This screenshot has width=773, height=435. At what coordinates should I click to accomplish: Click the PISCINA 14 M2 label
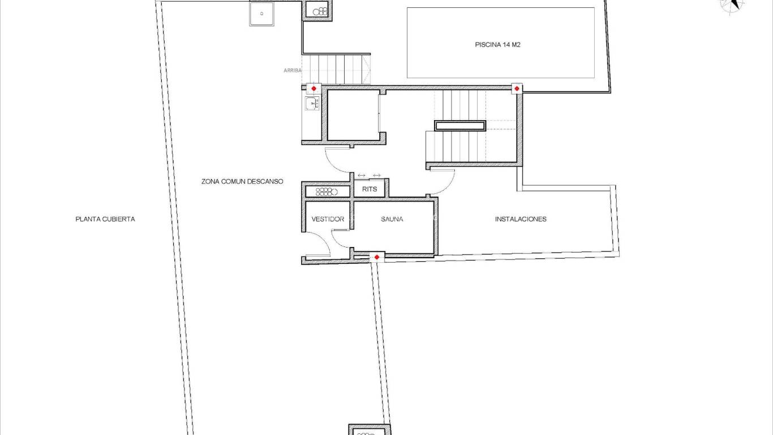point(497,44)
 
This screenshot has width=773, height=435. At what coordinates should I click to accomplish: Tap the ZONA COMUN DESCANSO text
point(242,182)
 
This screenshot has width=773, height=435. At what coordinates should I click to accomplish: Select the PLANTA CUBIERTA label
point(105,219)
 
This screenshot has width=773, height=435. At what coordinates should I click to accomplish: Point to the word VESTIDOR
point(328,219)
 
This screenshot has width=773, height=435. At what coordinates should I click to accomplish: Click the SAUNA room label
point(392,219)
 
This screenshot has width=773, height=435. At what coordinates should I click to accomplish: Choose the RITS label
point(369,189)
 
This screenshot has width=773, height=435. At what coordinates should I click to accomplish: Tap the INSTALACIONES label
point(521,219)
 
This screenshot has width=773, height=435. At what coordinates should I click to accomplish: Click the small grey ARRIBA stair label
point(293,71)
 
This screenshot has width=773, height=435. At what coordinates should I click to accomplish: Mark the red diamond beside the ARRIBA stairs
point(314,89)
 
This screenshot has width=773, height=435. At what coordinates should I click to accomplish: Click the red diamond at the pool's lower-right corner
point(517,89)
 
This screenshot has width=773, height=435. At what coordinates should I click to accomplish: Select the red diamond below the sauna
point(377,258)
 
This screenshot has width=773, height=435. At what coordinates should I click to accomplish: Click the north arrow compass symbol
point(732,5)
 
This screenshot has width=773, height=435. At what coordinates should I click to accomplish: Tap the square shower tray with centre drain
point(261,14)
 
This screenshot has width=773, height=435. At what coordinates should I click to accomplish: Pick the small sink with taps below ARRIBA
point(312,103)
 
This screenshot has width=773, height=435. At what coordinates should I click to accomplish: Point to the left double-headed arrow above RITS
point(362,176)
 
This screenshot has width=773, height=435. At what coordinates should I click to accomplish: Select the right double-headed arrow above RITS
point(377,176)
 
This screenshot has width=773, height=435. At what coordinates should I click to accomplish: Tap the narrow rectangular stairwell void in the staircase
point(459,125)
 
